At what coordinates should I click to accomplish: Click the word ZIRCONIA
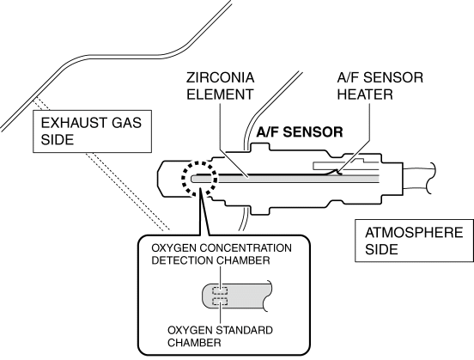tap(220, 77)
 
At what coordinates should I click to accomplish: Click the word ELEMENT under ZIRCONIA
tap(220, 95)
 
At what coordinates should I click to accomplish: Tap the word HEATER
tap(365, 95)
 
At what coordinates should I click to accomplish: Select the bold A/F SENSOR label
tap(300, 132)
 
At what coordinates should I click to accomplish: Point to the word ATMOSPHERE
tap(414, 233)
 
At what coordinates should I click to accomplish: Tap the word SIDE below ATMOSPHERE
tap(381, 249)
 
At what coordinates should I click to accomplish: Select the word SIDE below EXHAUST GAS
tap(58, 139)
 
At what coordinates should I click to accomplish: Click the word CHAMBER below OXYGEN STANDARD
tap(194, 343)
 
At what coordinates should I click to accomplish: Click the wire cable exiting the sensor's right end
tap(419, 179)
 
